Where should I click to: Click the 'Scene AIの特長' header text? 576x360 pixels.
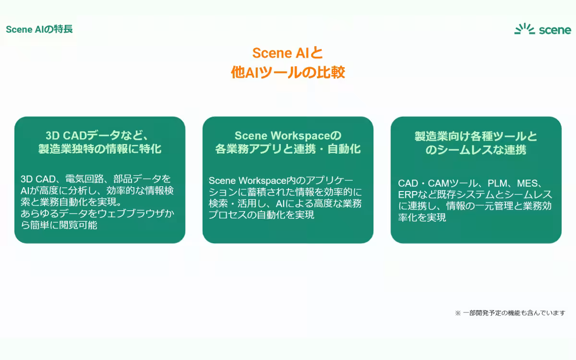[x=39, y=29]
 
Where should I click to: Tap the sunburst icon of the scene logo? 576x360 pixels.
[x=525, y=29]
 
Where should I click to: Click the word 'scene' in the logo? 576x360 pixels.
[x=555, y=30]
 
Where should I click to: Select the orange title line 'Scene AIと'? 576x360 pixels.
[x=288, y=53]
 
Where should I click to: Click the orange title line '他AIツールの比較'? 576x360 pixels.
[x=288, y=72]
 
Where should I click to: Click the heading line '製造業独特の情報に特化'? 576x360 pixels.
[x=100, y=149]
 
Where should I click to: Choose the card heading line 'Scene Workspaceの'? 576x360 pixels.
[x=288, y=135]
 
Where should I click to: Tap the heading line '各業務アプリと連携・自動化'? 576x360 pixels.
[x=288, y=149]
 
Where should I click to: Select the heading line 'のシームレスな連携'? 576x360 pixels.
[x=476, y=150]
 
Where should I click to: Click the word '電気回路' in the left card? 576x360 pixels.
[x=84, y=179]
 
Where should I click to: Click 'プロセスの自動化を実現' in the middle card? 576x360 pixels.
[x=261, y=215]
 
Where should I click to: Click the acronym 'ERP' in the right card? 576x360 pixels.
[x=408, y=195]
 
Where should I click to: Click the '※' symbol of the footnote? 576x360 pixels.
[x=458, y=313]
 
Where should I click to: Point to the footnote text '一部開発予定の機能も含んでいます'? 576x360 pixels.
[x=514, y=313]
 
